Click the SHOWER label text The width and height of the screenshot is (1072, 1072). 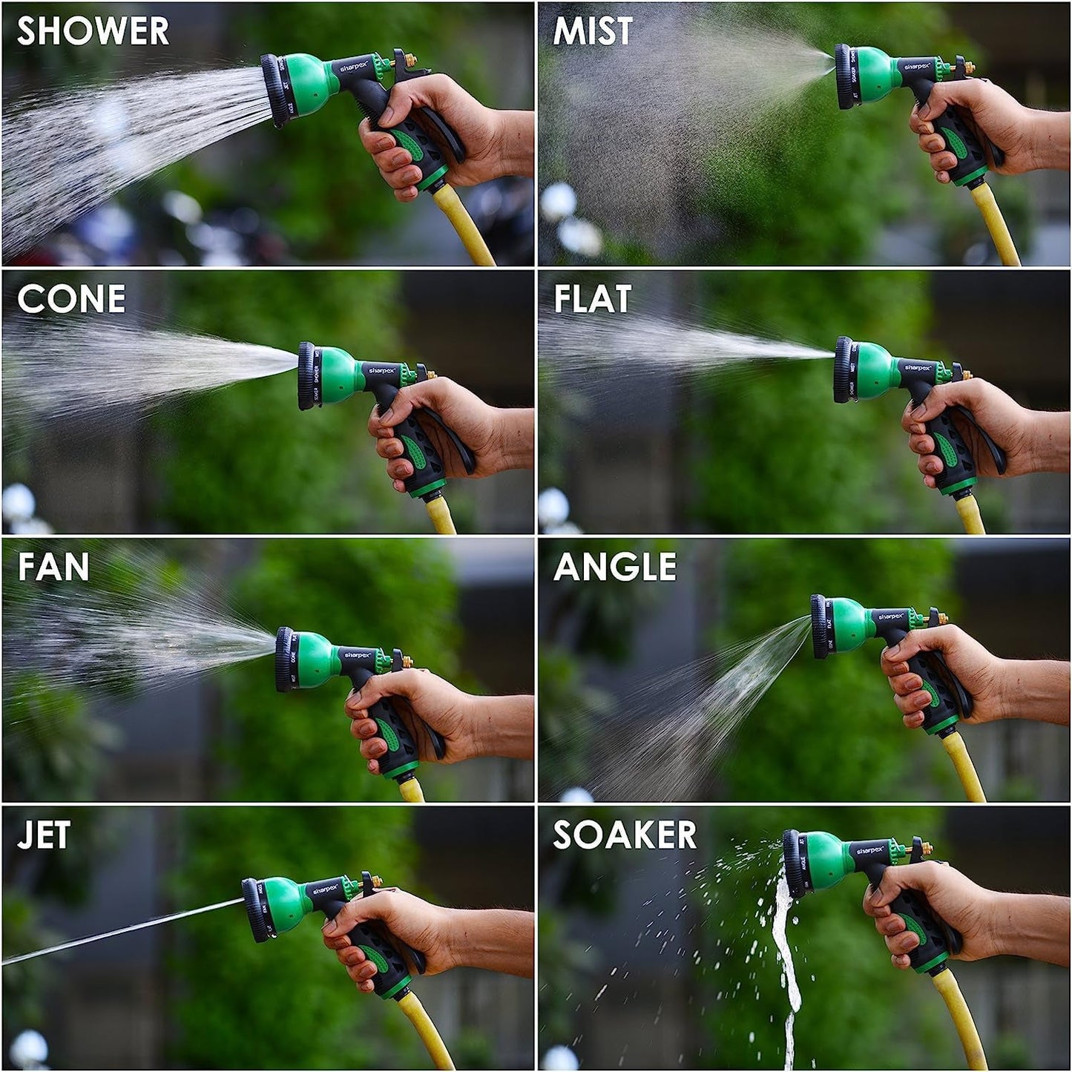point(93,31)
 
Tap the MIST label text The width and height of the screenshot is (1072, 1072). point(592,31)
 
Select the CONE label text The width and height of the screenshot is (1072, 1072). point(71,299)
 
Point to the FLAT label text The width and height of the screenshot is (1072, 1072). point(592,299)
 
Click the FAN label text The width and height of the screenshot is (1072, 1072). point(53,568)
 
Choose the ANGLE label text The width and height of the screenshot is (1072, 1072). point(615,568)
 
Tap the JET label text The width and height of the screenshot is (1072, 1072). point(44,835)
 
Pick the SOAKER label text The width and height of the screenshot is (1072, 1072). point(625,835)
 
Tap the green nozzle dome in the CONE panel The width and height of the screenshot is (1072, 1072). point(338,375)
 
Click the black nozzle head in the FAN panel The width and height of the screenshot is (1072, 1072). point(283,660)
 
